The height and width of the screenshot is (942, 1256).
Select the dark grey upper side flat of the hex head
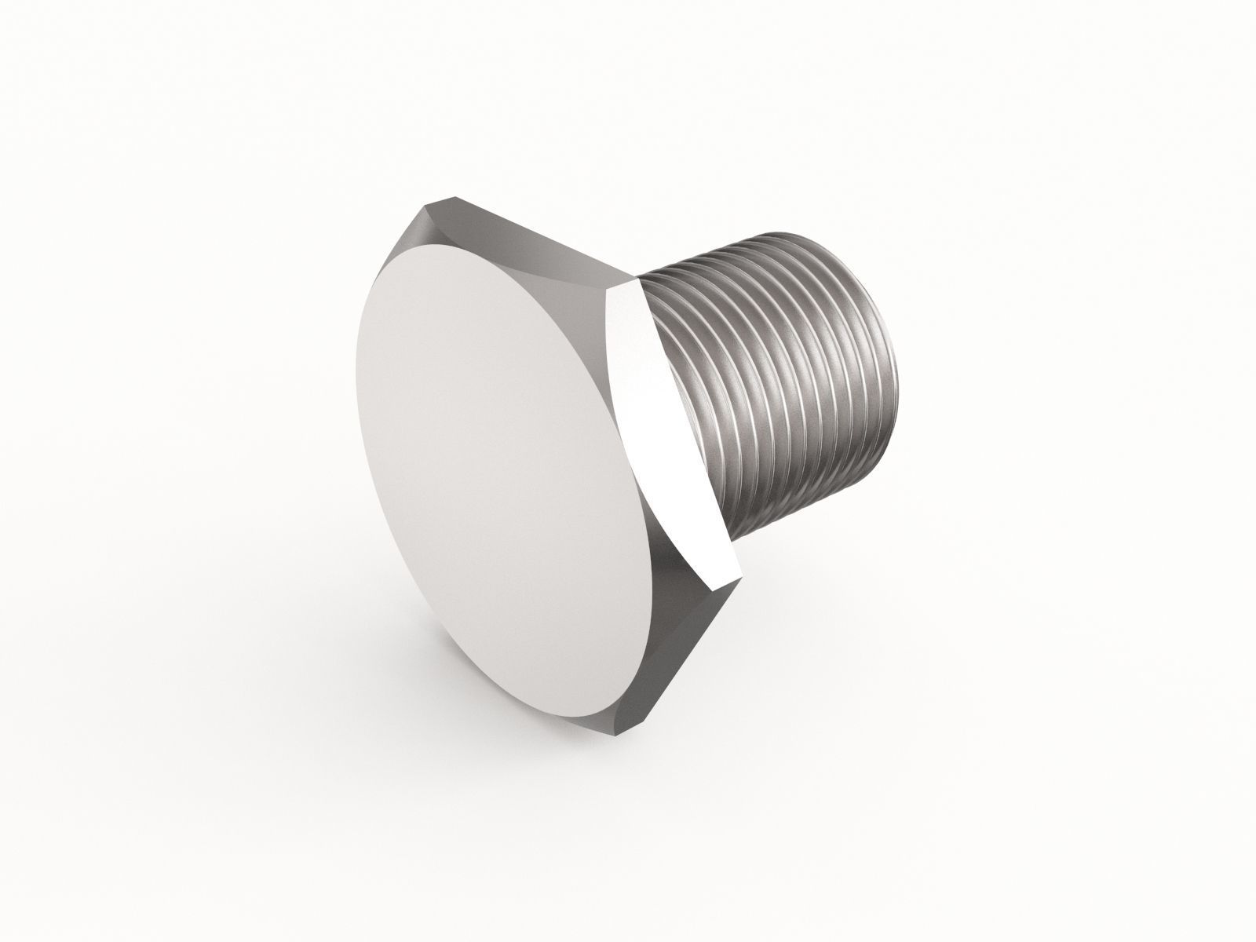click(x=534, y=235)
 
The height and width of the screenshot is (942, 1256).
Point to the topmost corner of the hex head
click(x=454, y=196)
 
